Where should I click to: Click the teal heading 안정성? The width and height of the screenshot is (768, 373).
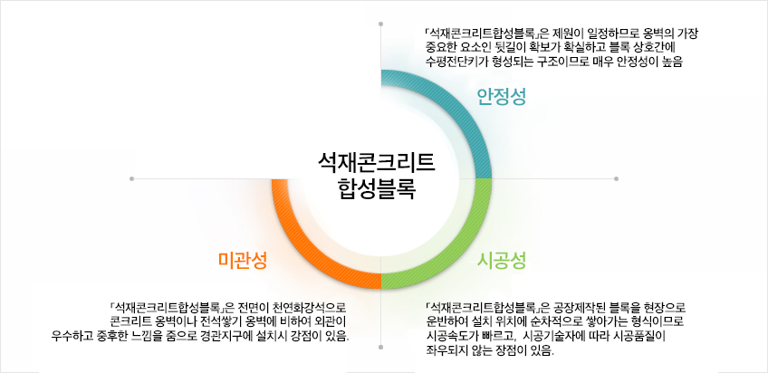[502, 97]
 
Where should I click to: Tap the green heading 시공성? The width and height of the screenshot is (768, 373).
[502, 261]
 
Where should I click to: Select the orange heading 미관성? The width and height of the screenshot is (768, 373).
[243, 261]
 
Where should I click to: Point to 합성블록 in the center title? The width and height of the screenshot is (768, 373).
[377, 189]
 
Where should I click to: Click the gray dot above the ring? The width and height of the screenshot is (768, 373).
[381, 24]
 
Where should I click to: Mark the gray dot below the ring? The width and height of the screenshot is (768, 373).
[380, 347]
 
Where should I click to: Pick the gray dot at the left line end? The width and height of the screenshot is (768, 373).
[131, 179]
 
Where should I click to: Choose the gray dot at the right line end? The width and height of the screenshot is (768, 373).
[616, 179]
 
